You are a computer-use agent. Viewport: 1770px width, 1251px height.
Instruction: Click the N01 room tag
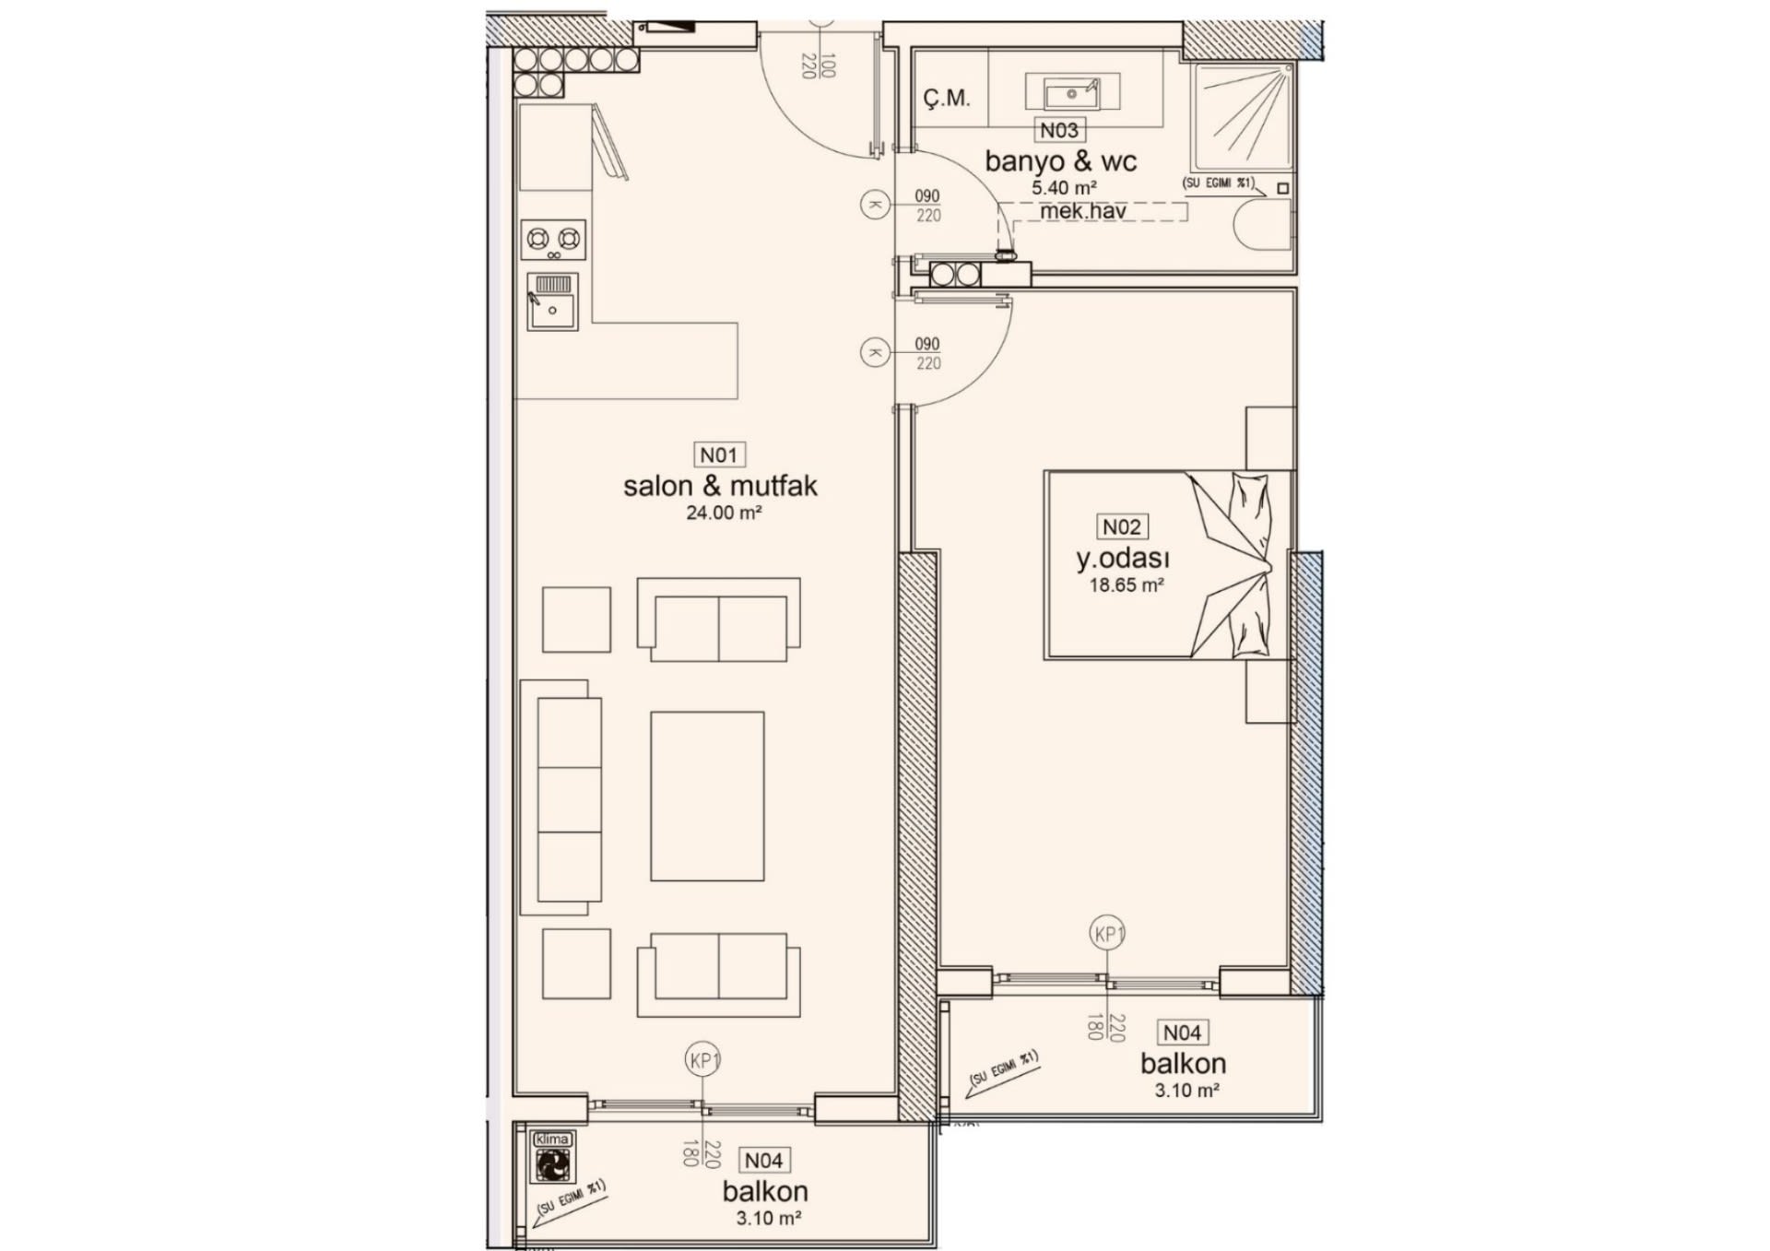719,454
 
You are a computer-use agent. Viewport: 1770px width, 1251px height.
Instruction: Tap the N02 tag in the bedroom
1121,526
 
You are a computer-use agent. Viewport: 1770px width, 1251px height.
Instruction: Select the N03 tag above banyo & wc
1059,130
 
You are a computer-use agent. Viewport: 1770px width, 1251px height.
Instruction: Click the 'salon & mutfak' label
720,486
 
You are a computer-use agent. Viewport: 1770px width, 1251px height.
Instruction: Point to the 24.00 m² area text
724,513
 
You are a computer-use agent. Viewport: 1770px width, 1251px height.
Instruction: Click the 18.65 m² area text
1127,584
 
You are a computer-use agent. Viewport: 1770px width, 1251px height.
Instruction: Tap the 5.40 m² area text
1064,187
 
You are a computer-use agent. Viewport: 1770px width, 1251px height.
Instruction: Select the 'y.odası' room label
1123,559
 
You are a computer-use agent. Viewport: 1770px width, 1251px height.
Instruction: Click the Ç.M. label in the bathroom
947,98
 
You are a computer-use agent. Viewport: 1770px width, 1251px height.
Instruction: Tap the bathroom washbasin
1072,93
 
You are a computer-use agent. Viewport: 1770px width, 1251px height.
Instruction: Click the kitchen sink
553,301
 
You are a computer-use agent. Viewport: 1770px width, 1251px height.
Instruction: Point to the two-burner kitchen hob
554,240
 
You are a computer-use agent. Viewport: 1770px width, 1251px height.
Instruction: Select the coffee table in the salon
707,797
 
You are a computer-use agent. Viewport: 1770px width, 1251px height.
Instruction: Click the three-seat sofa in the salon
561,797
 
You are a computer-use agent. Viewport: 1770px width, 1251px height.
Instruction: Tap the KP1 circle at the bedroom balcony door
1109,934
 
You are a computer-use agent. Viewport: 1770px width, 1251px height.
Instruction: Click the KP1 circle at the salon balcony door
703,1060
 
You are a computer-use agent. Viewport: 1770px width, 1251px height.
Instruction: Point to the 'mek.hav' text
1083,211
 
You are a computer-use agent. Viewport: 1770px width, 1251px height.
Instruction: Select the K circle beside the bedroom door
875,352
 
